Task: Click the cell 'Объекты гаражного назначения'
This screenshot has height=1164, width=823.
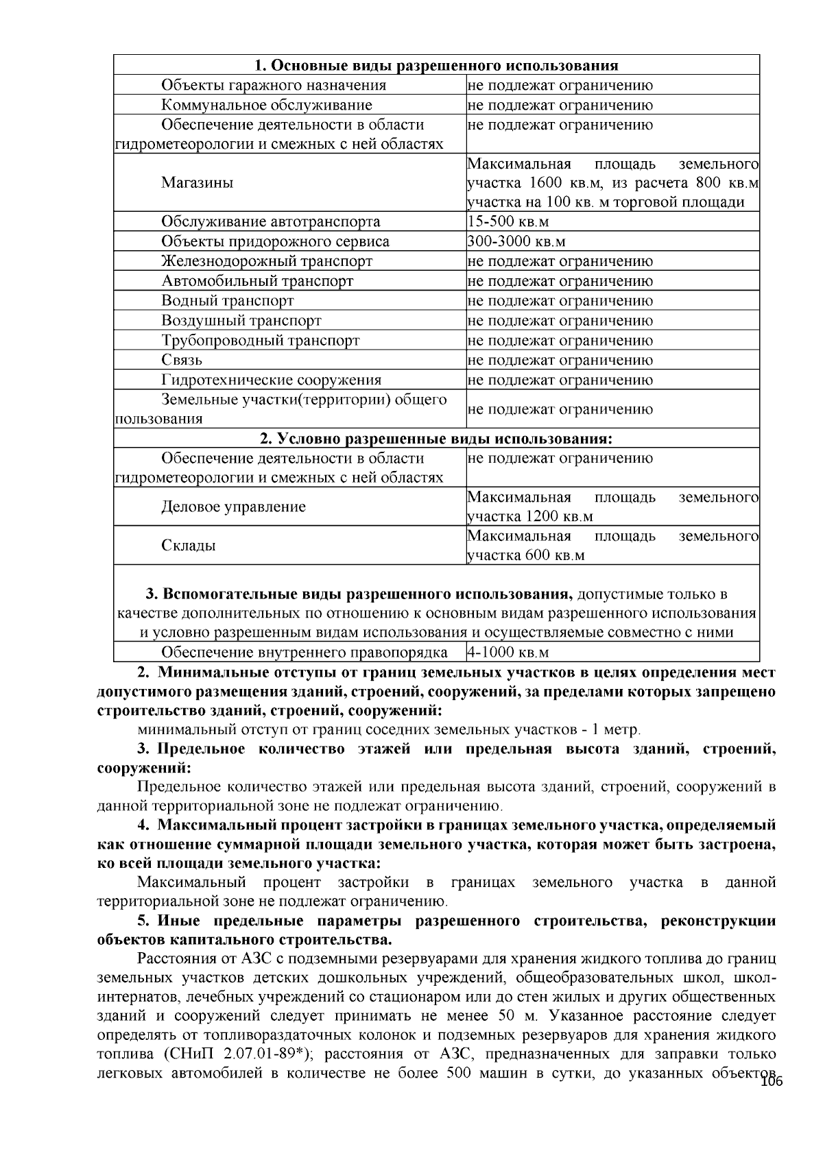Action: pos(274,85)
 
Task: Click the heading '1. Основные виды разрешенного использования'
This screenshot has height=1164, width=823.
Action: pos(436,65)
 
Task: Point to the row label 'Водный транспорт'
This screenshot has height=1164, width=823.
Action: pos(228,300)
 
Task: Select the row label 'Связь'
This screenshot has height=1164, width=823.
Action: pos(182,360)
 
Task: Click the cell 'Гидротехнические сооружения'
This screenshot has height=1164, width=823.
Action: pos(272,380)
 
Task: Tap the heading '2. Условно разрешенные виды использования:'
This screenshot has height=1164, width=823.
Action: pos(436,438)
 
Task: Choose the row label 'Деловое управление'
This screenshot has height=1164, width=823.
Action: pos(233,507)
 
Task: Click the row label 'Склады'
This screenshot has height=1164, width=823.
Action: pos(189,546)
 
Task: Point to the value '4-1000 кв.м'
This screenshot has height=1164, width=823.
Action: pos(508,652)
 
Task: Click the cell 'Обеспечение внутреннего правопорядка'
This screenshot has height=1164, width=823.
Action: pos(305,652)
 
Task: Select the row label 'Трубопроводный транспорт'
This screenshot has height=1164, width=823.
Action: pos(261,340)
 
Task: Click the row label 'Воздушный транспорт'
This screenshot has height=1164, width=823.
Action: pos(241,320)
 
